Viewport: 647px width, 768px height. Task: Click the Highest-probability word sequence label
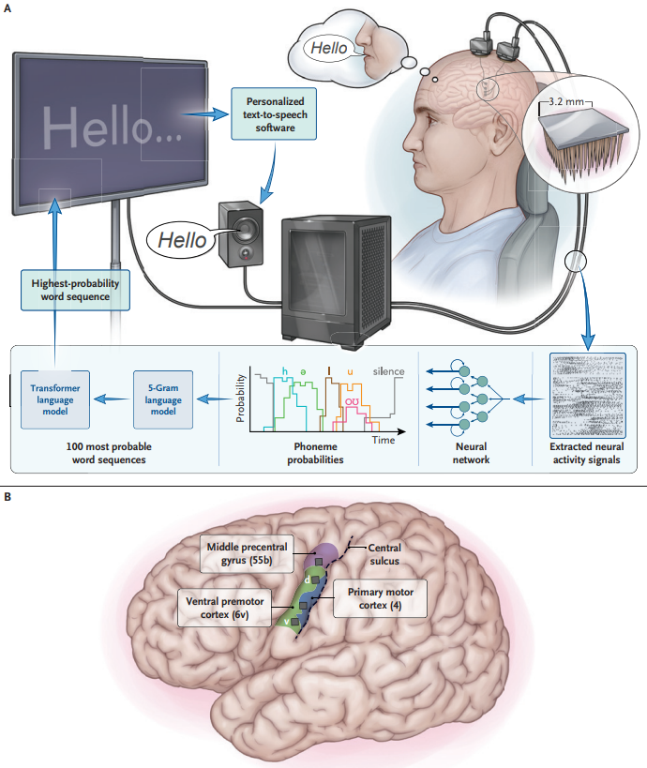coord(75,289)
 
